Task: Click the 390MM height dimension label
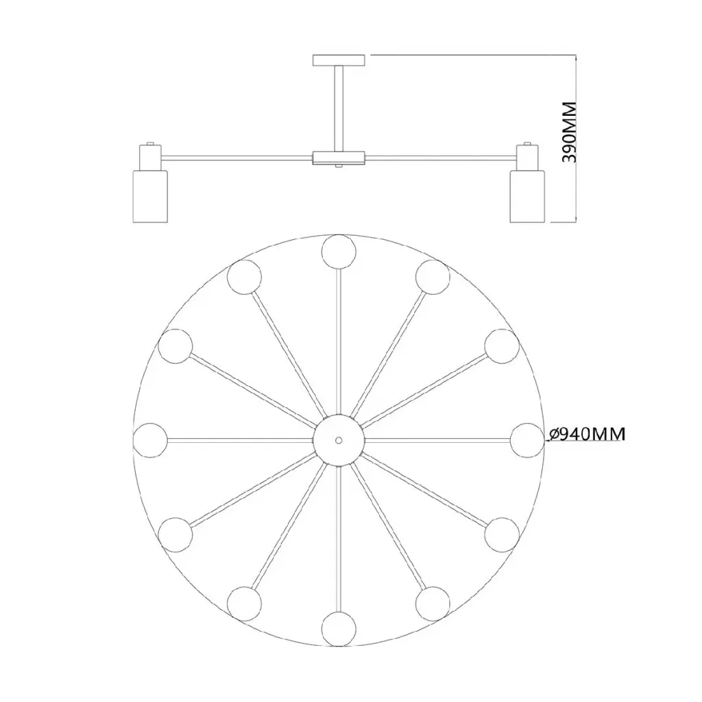pyautogui.click(x=569, y=132)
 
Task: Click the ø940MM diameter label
pyautogui.click(x=586, y=434)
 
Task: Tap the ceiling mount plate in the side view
pyautogui.click(x=339, y=60)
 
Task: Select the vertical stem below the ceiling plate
pyautogui.click(x=339, y=109)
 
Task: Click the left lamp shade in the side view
pyautogui.click(x=150, y=196)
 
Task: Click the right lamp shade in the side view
pyautogui.click(x=527, y=196)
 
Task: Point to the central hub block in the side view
pyautogui.click(x=339, y=158)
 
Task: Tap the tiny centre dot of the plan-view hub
pyautogui.click(x=339, y=441)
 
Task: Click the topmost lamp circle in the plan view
pyautogui.click(x=339, y=251)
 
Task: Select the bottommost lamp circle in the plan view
pyautogui.click(x=339, y=629)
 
